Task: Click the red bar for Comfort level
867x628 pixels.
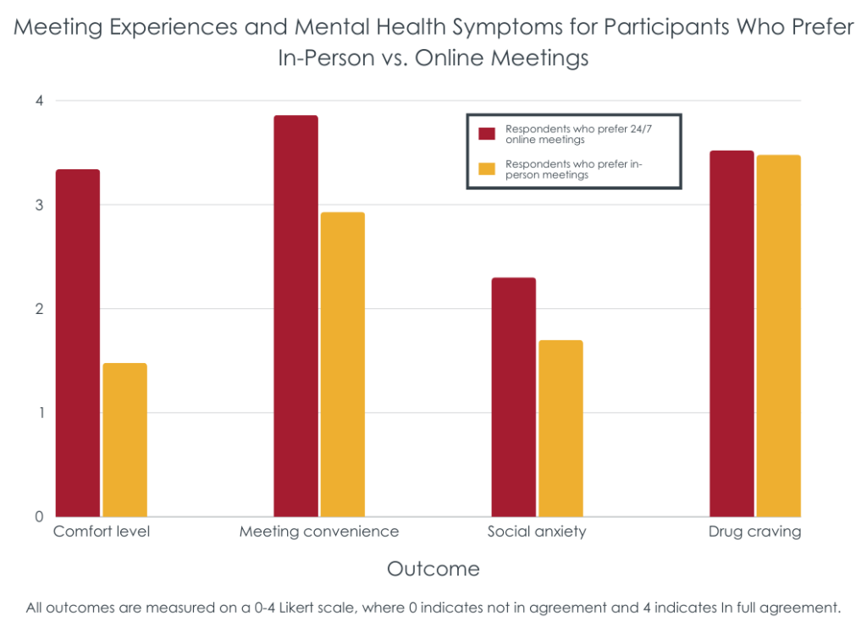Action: (78, 343)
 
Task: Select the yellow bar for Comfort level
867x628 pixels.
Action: (124, 440)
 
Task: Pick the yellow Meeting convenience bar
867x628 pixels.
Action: (343, 364)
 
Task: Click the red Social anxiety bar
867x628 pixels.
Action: (514, 397)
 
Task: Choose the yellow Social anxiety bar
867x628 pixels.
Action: (561, 428)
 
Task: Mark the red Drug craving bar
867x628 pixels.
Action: (732, 333)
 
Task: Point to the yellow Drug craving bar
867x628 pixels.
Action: (778, 336)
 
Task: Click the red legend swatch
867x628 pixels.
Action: (487, 134)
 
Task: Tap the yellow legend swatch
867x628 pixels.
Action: (487, 169)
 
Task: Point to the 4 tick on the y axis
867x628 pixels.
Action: (38, 101)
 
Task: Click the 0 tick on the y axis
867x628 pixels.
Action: (38, 516)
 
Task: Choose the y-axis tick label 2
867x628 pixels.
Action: (38, 309)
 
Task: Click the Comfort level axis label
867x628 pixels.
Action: (102, 532)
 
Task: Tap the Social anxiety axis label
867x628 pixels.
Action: (537, 532)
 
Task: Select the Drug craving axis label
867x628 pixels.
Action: (754, 532)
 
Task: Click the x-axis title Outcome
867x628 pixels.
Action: (433, 569)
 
